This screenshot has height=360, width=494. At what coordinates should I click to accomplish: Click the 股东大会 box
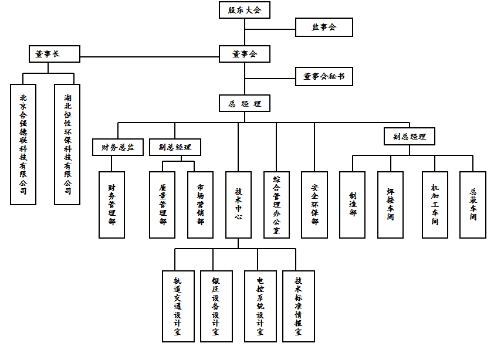[245, 10]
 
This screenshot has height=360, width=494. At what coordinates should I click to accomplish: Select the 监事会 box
[324, 27]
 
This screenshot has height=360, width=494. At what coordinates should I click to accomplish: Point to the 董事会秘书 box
[324, 77]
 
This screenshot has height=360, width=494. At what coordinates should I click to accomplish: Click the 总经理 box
[245, 104]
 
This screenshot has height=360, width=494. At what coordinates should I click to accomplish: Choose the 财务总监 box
[118, 147]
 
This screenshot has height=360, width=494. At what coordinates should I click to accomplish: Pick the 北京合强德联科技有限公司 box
[23, 144]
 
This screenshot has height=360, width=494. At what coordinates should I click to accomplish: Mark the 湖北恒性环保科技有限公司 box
[67, 144]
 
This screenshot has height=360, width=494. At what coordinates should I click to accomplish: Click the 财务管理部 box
[111, 205]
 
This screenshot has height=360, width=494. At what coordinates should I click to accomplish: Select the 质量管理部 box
[163, 205]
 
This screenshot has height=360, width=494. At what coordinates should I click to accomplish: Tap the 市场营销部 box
[201, 205]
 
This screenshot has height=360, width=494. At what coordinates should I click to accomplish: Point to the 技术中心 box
[238, 205]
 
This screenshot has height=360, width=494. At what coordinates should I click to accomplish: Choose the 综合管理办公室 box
[276, 205]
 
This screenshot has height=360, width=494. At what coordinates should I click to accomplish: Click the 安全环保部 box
[314, 205]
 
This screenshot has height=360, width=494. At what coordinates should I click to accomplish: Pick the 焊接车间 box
[390, 205]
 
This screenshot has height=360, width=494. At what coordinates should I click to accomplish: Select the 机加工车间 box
[435, 205]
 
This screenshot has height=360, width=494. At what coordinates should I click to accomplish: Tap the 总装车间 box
[473, 205]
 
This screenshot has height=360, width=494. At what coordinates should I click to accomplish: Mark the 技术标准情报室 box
[299, 306]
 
